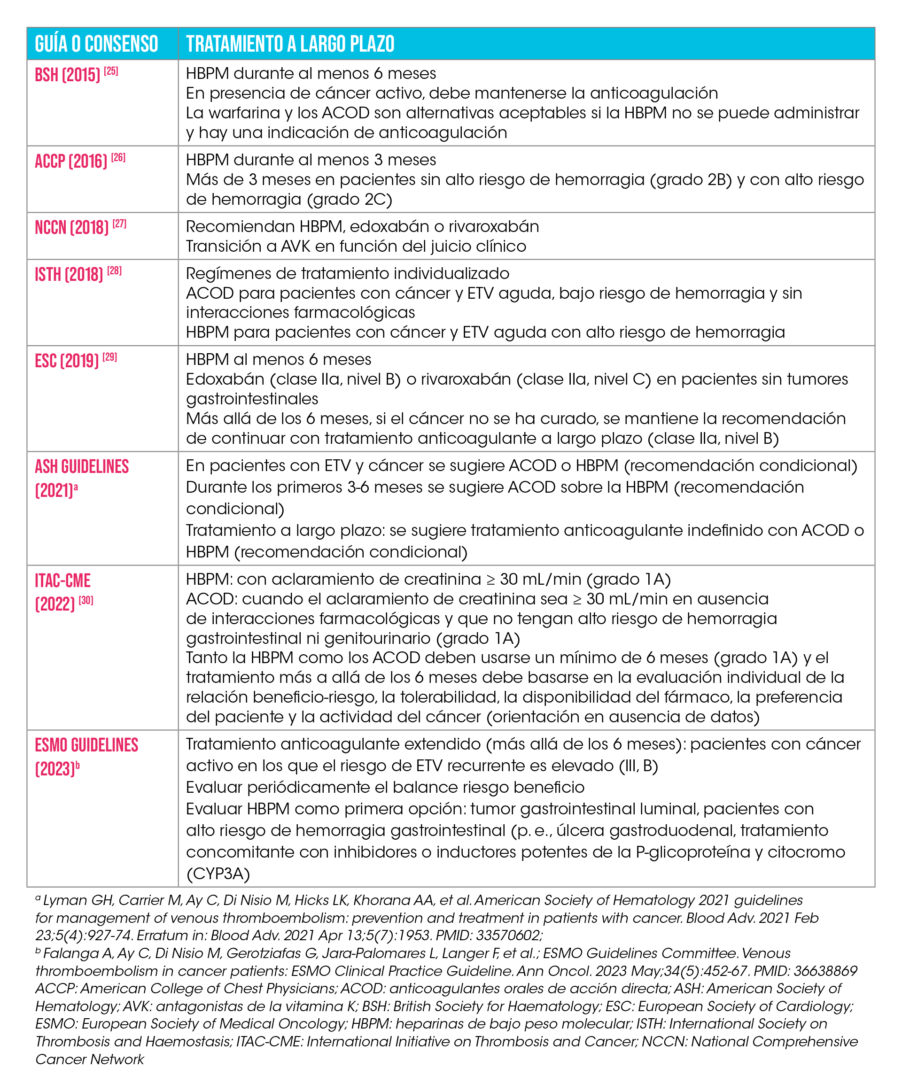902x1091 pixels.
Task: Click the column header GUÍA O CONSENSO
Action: point(96,44)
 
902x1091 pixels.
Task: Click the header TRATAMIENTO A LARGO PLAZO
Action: point(290,44)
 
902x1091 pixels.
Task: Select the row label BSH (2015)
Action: point(67,75)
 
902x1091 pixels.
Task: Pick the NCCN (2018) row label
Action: point(71,228)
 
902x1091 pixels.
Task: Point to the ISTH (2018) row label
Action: point(69,275)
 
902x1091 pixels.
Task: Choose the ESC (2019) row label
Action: point(67,361)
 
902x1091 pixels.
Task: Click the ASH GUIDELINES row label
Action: point(82,467)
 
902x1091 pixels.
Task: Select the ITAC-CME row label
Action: point(62,581)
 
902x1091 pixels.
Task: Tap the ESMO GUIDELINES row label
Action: point(86,745)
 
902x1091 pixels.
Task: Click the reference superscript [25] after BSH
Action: point(111,71)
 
